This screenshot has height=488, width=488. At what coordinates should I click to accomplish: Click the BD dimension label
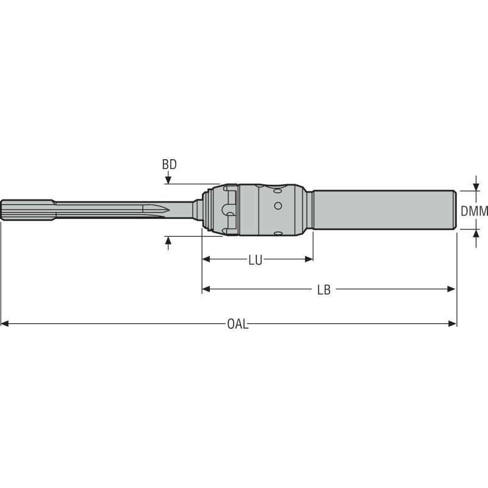point(169,165)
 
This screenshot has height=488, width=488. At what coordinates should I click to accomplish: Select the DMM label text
point(475,211)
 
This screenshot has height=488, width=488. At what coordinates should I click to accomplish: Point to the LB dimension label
point(323,290)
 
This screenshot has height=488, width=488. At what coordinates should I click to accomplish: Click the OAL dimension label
point(237,324)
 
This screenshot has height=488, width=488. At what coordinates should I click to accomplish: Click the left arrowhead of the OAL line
point(5,323)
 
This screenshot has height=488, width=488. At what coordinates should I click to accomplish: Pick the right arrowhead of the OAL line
point(452,323)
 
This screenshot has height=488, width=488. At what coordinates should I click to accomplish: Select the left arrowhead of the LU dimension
point(206,259)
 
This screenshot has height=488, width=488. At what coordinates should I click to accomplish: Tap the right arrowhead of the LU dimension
point(309,259)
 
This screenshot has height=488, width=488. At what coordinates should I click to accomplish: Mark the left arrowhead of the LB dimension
point(206,289)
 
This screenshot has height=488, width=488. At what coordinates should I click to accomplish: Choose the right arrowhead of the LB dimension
point(452,289)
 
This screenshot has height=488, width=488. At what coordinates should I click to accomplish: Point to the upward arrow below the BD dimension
point(168,243)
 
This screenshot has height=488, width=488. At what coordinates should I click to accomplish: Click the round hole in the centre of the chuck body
point(278,206)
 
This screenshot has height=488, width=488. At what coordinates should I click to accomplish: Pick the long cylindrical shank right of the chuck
point(384,209)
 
